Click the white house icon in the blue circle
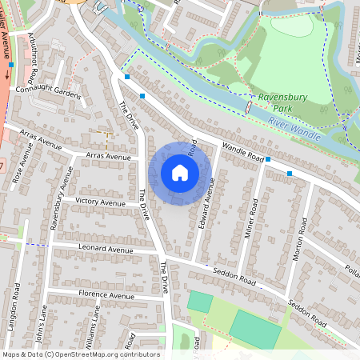pyautogui.click(x=179, y=173)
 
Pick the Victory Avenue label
pyautogui.click(x=100, y=201)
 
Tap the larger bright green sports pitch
pyautogui.click(x=254, y=329)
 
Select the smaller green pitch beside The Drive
pyautogui.click(x=200, y=302)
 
